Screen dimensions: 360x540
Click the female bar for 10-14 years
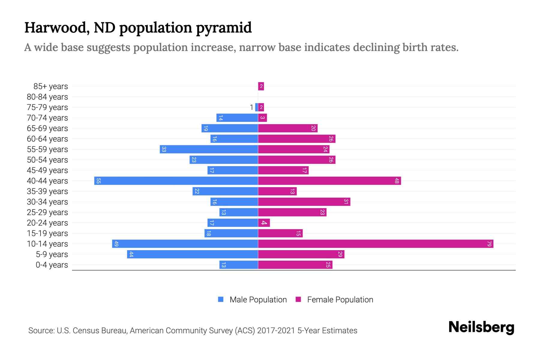(375, 244)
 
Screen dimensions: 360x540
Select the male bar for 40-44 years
(176, 181)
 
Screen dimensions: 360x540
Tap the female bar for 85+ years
(261, 86)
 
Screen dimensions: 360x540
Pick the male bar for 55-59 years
(209, 149)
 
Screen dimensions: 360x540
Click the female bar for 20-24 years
(264, 223)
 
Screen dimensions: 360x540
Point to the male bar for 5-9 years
(192, 254)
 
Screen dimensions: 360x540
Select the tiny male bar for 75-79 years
(256, 107)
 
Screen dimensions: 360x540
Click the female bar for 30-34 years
(304, 202)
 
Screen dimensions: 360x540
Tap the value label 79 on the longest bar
(489, 244)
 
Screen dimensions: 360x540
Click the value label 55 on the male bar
(98, 181)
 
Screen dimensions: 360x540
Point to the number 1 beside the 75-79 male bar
(251, 107)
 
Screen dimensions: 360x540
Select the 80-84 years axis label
(47, 97)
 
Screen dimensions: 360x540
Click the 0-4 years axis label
(52, 265)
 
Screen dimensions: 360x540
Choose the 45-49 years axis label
(47, 170)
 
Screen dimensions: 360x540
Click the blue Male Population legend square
(221, 299)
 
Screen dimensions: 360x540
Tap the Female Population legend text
(340, 300)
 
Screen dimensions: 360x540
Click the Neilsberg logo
(481, 327)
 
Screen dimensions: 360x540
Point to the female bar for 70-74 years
(262, 118)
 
